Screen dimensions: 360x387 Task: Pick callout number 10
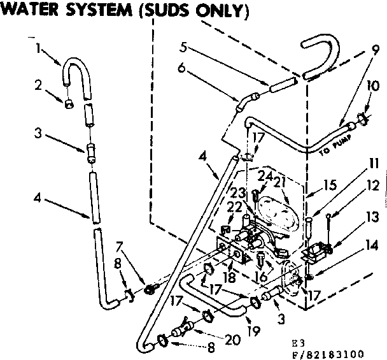pos(372,85)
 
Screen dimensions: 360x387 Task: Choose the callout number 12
pos(374,185)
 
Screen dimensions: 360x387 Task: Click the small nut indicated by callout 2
pos(68,103)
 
